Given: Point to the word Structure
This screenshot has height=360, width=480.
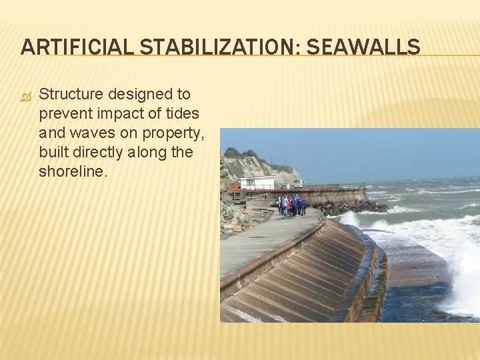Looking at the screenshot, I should (73, 94).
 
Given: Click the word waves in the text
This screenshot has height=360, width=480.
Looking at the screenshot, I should (91, 133).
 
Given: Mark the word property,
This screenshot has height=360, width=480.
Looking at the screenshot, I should (174, 133).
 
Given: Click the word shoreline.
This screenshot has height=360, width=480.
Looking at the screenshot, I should (72, 172).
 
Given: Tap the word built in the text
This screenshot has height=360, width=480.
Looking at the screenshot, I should (56, 153).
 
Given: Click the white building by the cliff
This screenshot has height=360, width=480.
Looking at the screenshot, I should (257, 182).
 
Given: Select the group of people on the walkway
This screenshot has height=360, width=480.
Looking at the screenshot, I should (291, 205).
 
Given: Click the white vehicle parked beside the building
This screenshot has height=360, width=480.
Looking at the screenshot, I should (298, 183).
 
